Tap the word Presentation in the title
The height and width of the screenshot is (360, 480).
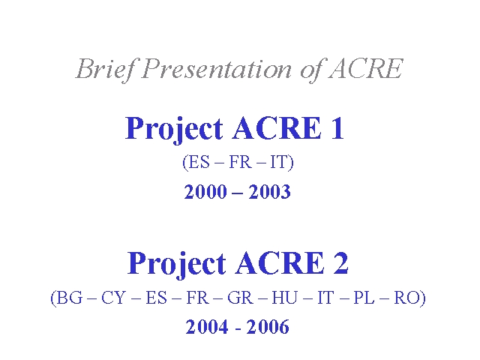pos(217,69)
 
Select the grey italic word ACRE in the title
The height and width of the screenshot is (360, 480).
pos(366,68)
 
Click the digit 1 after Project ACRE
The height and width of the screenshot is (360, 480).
pos(337,128)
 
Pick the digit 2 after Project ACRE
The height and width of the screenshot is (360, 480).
pos(340,262)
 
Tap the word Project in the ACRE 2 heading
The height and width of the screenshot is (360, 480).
pos(176,265)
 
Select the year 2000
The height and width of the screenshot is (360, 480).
pos(205,192)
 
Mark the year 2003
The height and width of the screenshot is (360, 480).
pos(269,192)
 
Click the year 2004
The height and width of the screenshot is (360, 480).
pos(207,327)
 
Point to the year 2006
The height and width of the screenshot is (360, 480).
pos(268,327)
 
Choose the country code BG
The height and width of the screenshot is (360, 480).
pos(70,298)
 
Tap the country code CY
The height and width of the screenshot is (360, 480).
pos(113,298)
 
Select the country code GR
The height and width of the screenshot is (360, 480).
pos(240,298)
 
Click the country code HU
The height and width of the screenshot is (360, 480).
pos(285,298)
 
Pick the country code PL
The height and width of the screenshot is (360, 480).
pos(364,298)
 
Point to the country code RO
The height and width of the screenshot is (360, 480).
pos(406,298)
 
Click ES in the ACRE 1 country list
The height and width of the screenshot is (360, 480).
pos(199,162)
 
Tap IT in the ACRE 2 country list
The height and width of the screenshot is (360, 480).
pos(325,298)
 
